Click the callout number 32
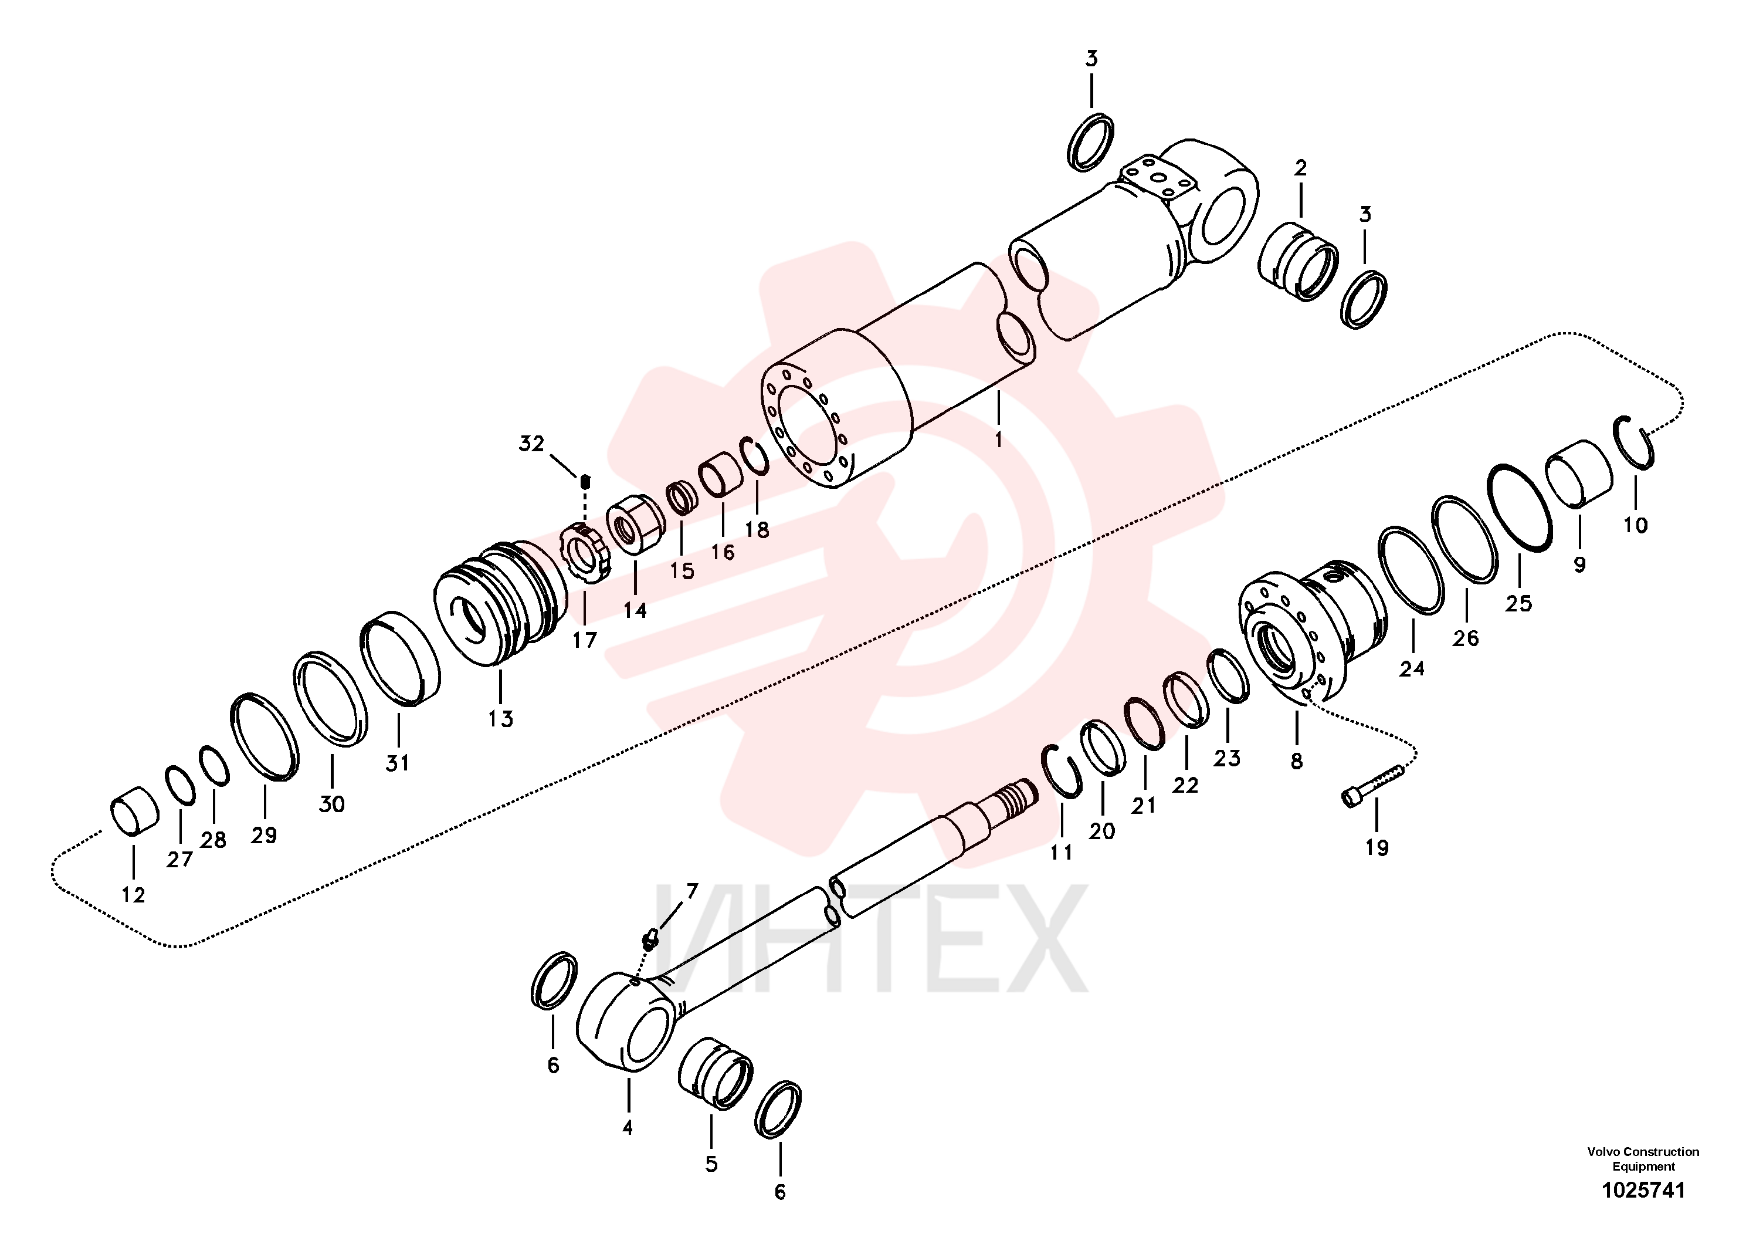[x=531, y=444]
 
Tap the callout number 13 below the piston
[x=500, y=718]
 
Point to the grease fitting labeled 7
[x=649, y=941]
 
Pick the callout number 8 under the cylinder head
[x=1297, y=761]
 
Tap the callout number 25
[x=1518, y=603]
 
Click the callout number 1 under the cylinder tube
[x=998, y=439]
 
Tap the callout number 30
[x=331, y=803]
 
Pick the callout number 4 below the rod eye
[x=628, y=1127]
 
